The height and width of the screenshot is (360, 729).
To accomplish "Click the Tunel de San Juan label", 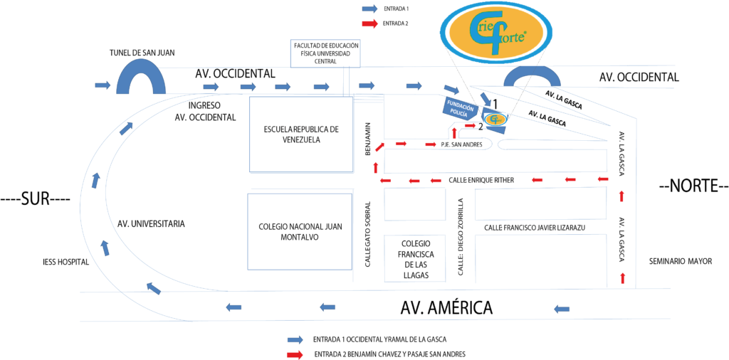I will pos(142,53).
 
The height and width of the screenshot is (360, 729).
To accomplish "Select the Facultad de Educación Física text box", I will pos(325,53).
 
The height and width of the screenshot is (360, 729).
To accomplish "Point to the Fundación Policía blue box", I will pos(457,108).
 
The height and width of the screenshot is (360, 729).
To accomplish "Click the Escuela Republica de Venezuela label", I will pos(301,134).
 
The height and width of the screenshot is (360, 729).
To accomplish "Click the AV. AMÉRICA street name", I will pos(446,308).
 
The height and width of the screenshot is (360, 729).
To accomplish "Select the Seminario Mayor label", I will pos(680,261).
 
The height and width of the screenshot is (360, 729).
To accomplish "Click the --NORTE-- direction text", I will pos(693,186).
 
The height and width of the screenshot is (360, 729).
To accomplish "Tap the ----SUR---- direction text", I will pos(36,199).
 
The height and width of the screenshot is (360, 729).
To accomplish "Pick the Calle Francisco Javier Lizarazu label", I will pos(534,228).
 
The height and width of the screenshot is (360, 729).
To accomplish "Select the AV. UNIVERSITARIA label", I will pos(151,223).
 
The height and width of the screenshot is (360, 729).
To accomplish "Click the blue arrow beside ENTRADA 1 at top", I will pos(369,9).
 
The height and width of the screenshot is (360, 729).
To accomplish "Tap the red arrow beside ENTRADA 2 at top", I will pos(369,23).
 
